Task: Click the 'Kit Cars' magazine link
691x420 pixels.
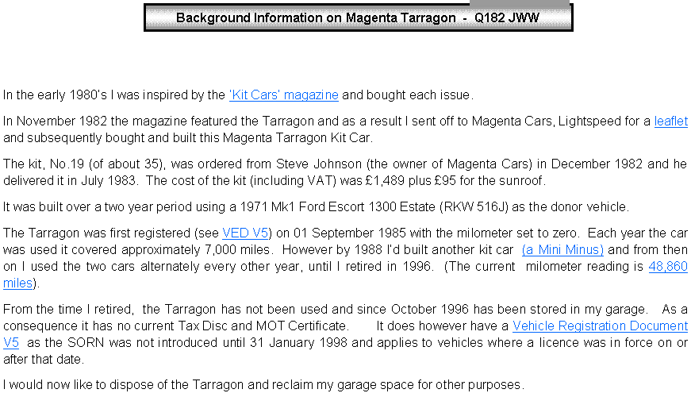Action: (284, 95)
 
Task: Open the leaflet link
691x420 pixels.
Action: (670, 121)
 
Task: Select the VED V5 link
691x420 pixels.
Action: (245, 233)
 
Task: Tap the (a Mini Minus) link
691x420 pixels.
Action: (562, 250)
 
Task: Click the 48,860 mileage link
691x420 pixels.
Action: (668, 267)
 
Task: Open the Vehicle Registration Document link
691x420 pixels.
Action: (600, 326)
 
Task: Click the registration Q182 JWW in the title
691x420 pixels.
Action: (507, 18)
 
